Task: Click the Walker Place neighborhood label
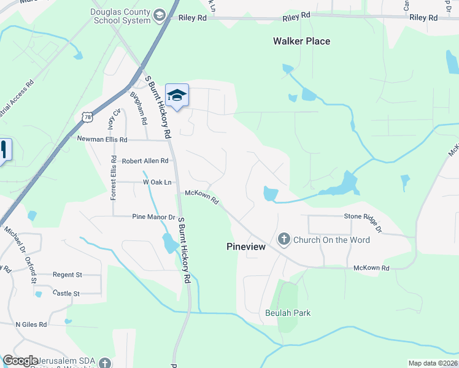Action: pos(301,41)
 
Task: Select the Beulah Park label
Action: pos(288,313)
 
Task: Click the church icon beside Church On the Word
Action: pos(284,239)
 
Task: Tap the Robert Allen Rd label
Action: pos(145,161)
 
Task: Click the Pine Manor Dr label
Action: pos(154,217)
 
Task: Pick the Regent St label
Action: pos(67,275)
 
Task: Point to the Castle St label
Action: pos(67,294)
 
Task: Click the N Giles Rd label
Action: pos(31,324)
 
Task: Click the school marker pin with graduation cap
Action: pos(177,96)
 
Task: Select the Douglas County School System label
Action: pos(120,16)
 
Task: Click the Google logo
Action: pos(20,361)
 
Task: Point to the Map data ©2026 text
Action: pos(433,363)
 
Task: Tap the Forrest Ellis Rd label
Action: pos(114,178)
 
